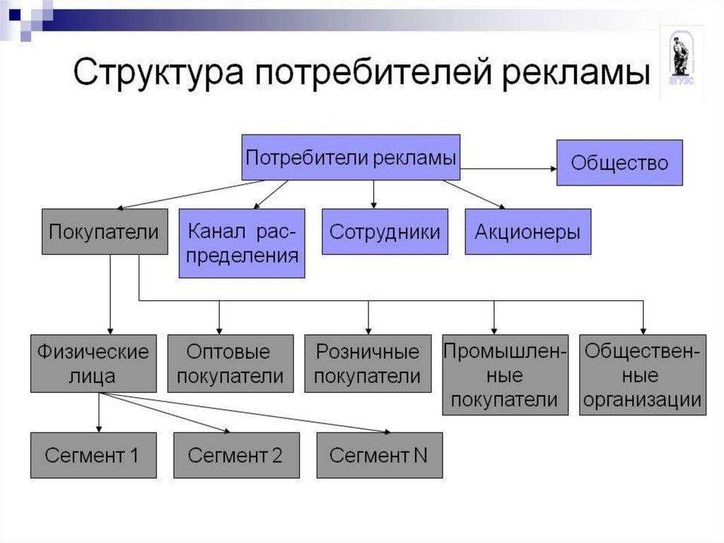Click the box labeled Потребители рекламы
coord(351,157)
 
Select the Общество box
coord(619,163)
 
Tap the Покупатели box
coord(104,232)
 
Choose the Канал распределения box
coord(242,243)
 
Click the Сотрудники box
coord(385,232)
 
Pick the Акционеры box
coord(527,232)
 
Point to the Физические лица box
coord(93,363)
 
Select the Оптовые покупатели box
coord(230,363)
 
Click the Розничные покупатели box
coord(367,363)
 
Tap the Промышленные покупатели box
coord(505,375)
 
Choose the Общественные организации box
coord(643,375)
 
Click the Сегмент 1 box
coord(93,455)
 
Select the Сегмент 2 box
coord(235,455)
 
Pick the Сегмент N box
coord(379,455)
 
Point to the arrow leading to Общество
coord(509,168)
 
